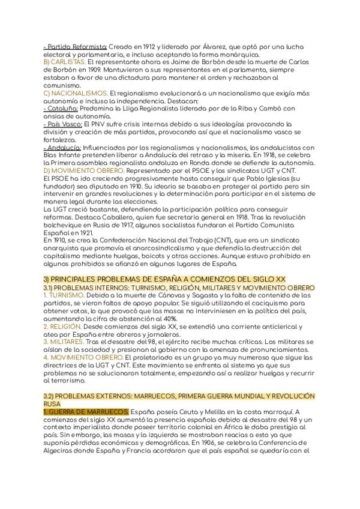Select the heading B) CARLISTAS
(x=65, y=62)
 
